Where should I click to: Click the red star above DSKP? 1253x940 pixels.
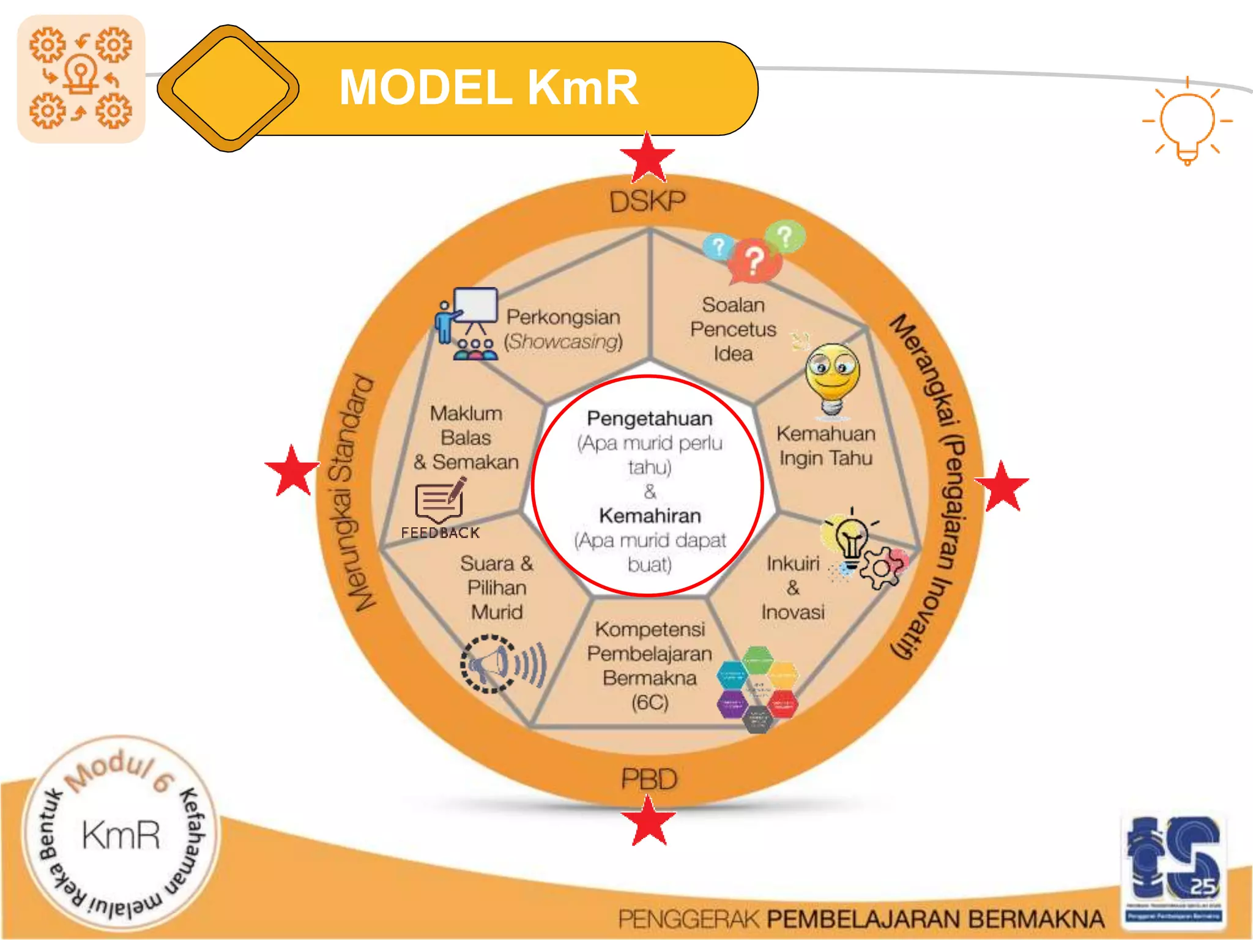tap(648, 158)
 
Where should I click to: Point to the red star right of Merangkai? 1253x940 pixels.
tap(1002, 487)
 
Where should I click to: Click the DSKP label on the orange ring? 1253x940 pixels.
tap(648, 201)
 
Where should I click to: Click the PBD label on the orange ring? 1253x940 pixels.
tap(649, 779)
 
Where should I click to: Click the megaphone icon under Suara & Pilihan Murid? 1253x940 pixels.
tap(502, 664)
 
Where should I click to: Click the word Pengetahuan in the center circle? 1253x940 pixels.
tap(650, 419)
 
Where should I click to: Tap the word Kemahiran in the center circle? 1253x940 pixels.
tap(650, 516)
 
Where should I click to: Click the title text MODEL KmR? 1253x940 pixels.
tap(488, 88)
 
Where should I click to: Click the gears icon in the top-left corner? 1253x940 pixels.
tap(81, 78)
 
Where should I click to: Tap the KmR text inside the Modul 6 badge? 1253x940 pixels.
tap(121, 835)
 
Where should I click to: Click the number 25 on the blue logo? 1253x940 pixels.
tap(1203, 886)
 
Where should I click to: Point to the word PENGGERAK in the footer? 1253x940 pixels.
tap(688, 919)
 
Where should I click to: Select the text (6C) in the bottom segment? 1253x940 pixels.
tap(650, 703)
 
